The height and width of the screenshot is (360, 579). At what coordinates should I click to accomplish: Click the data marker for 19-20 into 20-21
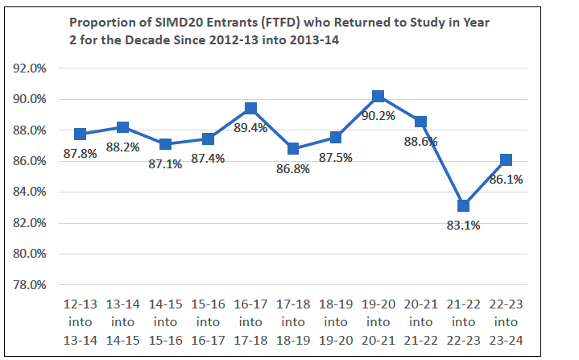click(x=378, y=97)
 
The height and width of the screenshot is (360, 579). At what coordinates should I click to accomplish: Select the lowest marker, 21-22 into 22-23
click(x=464, y=206)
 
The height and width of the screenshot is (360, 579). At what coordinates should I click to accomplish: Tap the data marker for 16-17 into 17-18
click(x=250, y=109)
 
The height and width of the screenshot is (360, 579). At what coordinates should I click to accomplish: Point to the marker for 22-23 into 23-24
click(x=507, y=160)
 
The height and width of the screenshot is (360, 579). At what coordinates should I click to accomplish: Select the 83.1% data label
click(x=464, y=226)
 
